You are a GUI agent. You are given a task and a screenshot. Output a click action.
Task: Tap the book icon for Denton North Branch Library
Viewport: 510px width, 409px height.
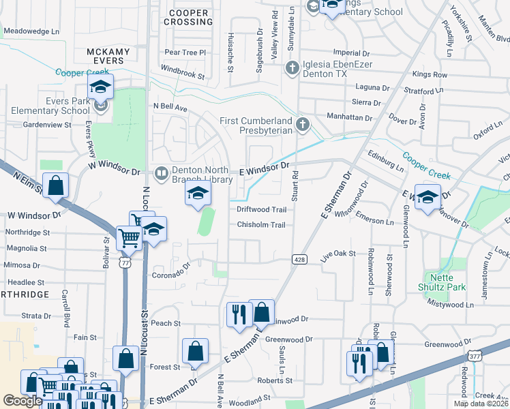pos(161,173)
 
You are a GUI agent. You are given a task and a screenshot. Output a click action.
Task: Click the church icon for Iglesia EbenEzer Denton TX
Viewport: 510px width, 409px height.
pos(292,67)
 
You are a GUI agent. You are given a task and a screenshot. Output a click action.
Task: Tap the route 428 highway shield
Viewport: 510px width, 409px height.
pos(299,259)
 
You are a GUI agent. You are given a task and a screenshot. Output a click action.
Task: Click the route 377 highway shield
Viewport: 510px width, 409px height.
pos(475,356)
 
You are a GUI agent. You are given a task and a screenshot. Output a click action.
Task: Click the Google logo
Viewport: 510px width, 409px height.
pos(22,401)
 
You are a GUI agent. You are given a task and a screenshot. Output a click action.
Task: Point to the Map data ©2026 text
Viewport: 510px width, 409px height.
pos(481,404)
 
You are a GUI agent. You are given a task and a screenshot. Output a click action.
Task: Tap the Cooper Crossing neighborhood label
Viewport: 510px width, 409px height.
pos(187,18)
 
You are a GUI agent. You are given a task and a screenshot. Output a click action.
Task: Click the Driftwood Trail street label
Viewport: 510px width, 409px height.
pos(261,210)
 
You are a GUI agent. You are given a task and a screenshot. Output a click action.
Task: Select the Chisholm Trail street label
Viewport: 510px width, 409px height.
pos(261,225)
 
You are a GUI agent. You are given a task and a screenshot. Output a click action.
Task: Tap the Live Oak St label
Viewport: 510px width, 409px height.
pos(338,253)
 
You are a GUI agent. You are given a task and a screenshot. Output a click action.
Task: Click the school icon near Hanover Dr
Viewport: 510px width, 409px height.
pos(427,198)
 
